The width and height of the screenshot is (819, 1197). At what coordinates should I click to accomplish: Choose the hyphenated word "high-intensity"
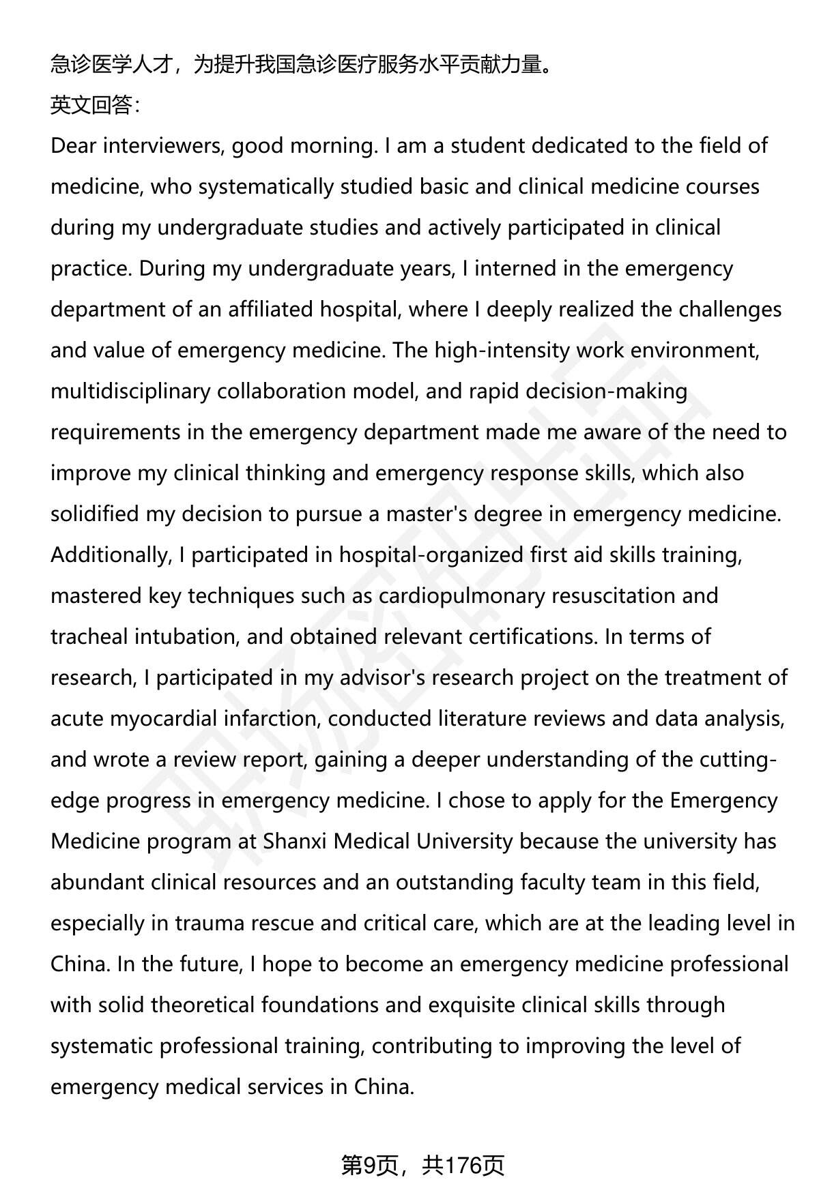502,351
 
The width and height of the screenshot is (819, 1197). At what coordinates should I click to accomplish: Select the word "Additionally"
109,555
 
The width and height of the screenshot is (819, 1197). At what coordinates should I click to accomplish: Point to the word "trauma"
210,923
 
